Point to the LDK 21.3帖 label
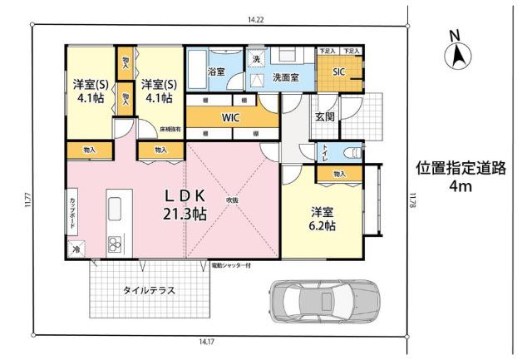coord(185,204)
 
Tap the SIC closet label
coord(339,72)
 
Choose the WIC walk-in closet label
coord(230,118)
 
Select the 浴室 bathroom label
coord(215,72)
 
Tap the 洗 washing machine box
coord(257,60)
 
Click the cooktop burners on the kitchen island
coord(115,244)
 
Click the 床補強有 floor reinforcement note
coord(170,129)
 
